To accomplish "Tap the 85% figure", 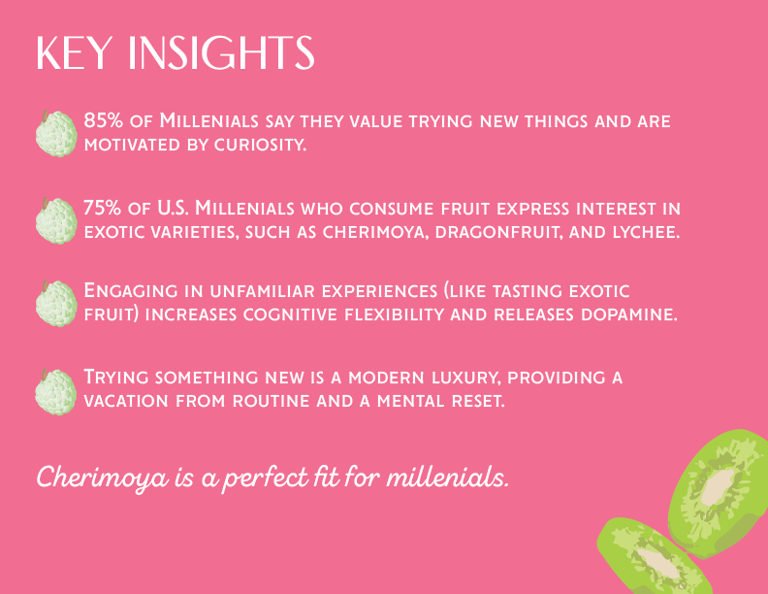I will (x=103, y=121).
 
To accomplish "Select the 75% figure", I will (x=103, y=207).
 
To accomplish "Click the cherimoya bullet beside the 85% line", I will (x=56, y=133).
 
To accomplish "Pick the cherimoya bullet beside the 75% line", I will (x=56, y=220).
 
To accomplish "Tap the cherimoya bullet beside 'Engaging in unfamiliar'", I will (x=56, y=304).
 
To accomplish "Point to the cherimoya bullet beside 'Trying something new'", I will (x=56, y=390).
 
